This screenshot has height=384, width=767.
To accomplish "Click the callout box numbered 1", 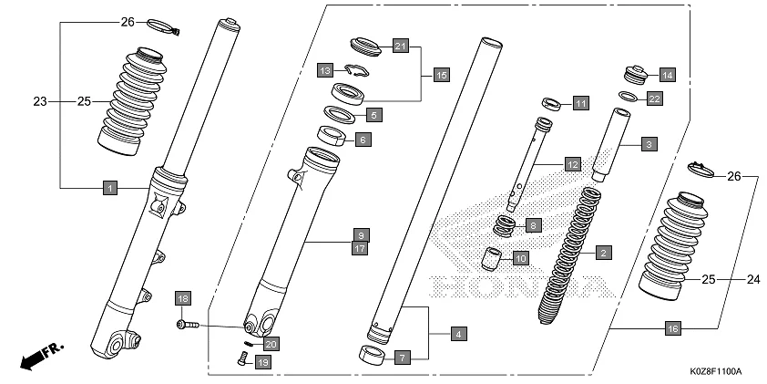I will point(108,188).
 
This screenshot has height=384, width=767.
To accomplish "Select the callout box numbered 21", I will point(401,46).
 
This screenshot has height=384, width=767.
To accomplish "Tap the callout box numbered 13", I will point(324,70).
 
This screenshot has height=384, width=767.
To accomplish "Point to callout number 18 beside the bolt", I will point(182,299).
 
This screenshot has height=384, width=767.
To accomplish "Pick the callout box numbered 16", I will point(672,327).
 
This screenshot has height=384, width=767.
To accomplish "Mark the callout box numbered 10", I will point(518,258).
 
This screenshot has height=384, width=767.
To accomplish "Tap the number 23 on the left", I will point(39,100).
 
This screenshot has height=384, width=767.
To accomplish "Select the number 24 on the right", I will point(753,279).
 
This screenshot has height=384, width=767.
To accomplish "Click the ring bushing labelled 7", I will point(373,354).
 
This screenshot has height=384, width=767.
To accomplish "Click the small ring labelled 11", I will point(551,102).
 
